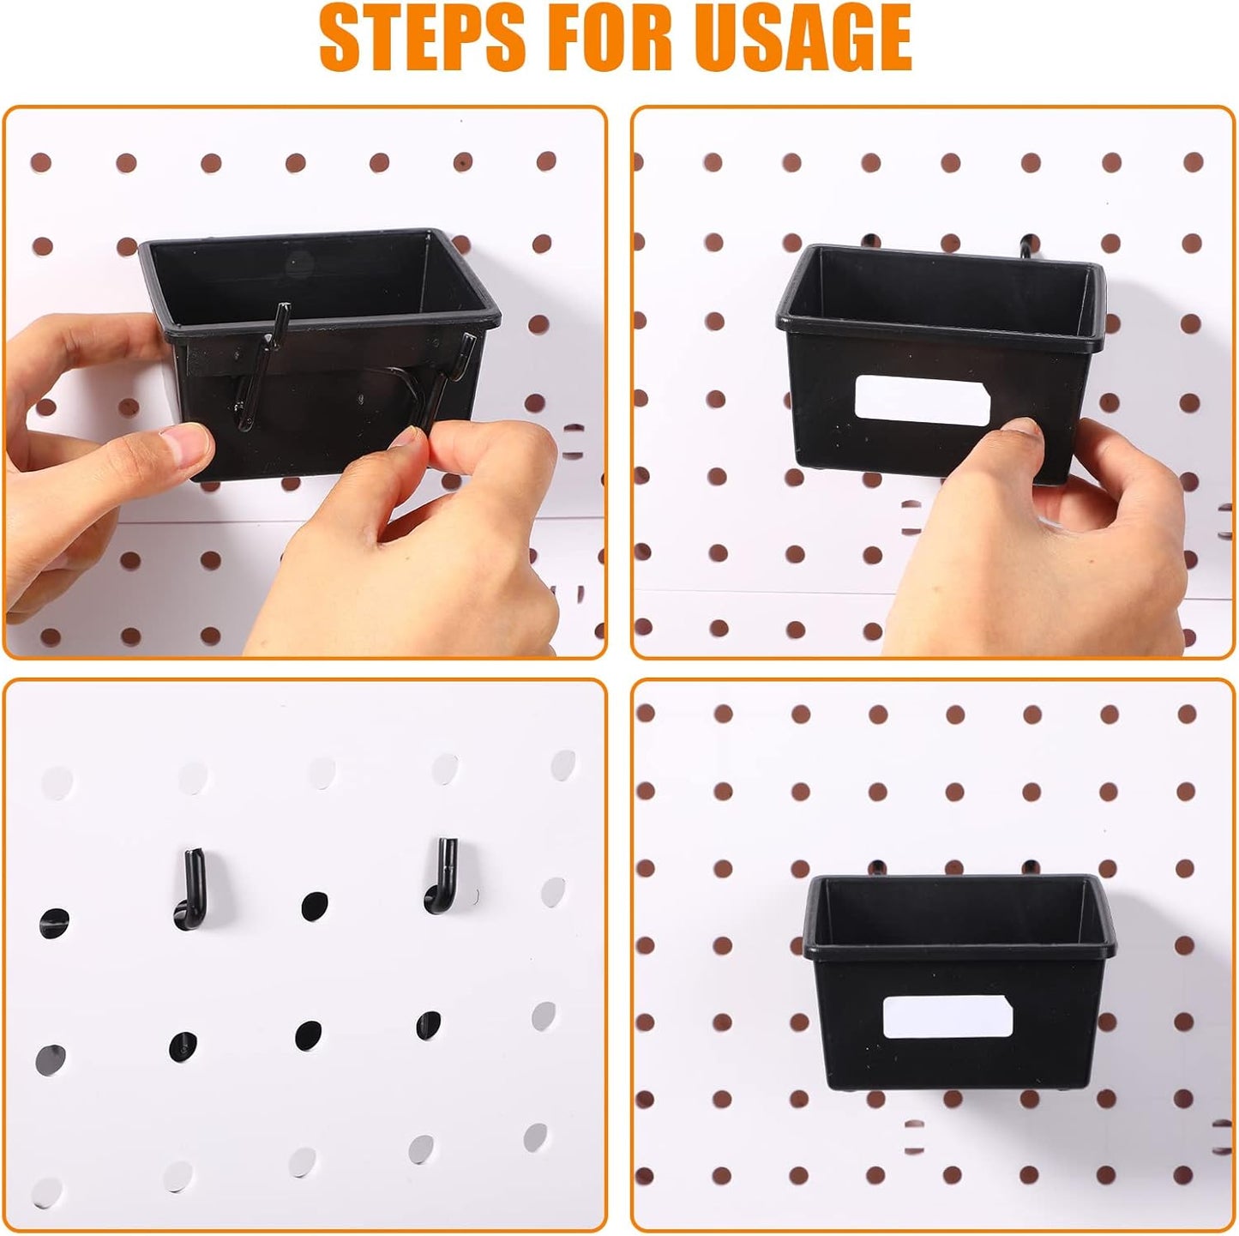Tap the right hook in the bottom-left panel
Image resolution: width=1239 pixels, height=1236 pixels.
[441, 875]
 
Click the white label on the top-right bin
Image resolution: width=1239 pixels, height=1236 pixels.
[922, 399]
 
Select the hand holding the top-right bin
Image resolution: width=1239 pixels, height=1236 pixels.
[1046, 532]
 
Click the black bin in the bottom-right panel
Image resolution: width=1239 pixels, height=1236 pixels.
[952, 986]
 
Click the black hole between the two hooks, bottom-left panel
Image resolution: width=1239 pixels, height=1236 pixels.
[314, 905]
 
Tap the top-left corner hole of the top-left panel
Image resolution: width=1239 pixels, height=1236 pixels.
[41, 162]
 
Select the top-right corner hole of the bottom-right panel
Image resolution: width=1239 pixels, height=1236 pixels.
[1187, 714]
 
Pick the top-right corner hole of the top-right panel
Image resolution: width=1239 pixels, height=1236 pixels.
[1193, 162]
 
